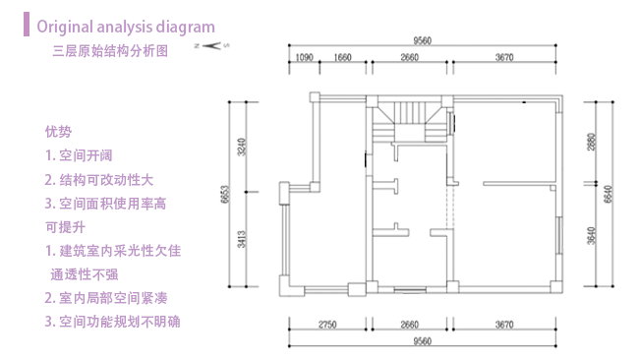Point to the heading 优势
click(58, 131)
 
